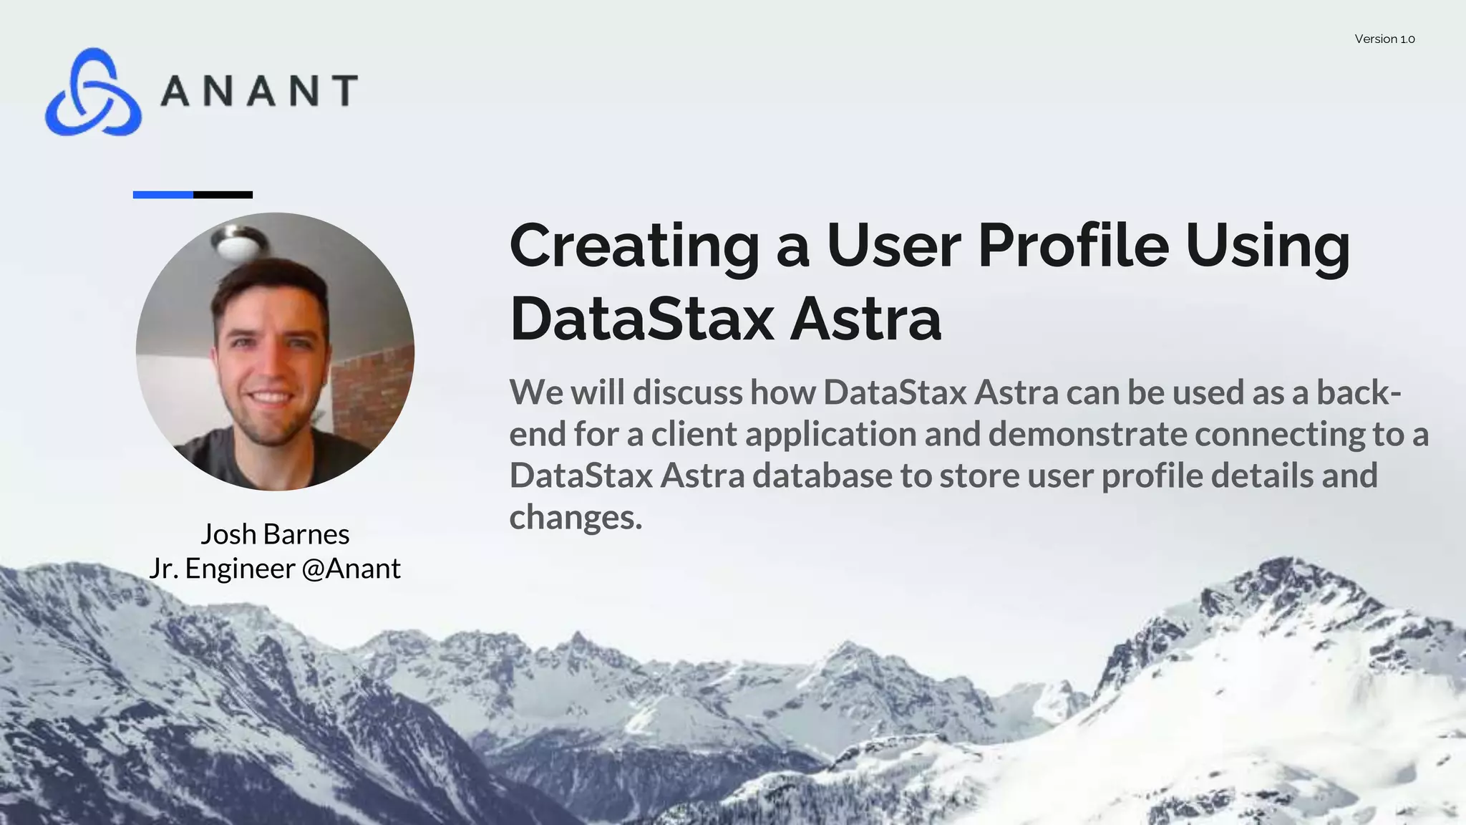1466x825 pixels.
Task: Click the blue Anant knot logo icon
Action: click(x=92, y=92)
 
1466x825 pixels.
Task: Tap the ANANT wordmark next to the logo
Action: click(x=258, y=91)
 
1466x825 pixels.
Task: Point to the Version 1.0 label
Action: click(x=1384, y=39)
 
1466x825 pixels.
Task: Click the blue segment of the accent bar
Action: click(x=162, y=195)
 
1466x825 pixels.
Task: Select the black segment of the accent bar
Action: click(x=223, y=195)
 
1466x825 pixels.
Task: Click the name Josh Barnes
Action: click(x=275, y=534)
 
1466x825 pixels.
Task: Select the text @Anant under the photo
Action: click(x=351, y=569)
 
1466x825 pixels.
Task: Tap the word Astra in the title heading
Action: click(x=865, y=319)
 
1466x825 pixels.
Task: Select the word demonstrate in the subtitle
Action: click(x=1087, y=434)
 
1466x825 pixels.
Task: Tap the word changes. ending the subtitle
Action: click(x=576, y=517)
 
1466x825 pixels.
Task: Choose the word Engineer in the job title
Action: click(x=240, y=569)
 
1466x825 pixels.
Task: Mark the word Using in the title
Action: click(x=1268, y=246)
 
